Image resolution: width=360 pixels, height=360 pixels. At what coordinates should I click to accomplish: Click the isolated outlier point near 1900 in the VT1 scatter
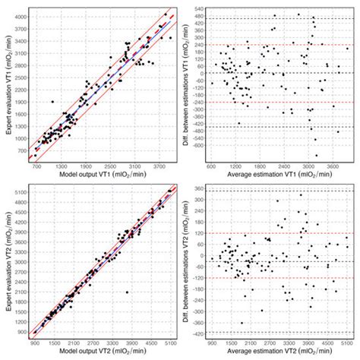[52, 101]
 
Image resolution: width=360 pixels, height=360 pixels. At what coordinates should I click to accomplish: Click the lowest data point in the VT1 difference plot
[315, 153]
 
